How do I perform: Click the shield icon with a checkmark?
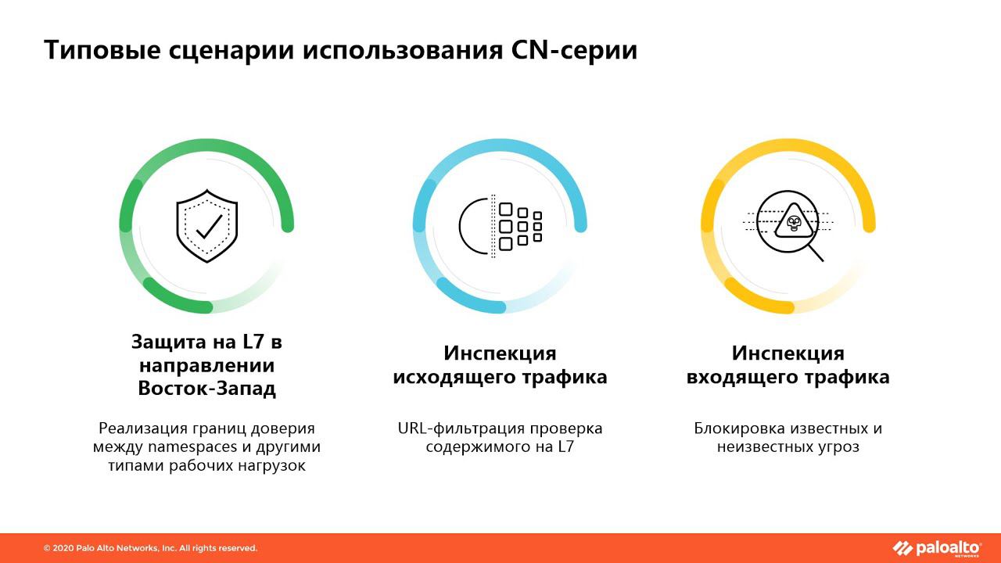[207, 226]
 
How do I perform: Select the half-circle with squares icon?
[500, 227]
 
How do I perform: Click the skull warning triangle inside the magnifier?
[794, 224]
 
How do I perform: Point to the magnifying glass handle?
[816, 253]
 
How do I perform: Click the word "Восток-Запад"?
[207, 389]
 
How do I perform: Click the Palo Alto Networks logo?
[936, 548]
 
